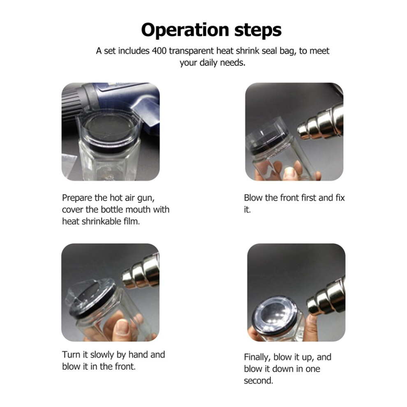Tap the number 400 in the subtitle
click(159, 51)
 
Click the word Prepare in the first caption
click(77, 198)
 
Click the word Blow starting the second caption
click(253, 198)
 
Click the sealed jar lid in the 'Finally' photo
click(275, 314)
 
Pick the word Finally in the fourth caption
click(257, 357)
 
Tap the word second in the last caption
click(258, 381)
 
